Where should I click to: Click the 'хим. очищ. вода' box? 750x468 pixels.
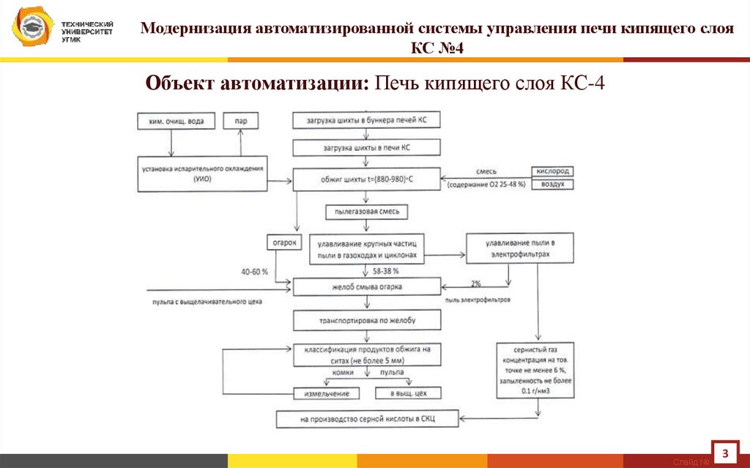[x=176, y=120]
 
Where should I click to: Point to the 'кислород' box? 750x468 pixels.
[x=552, y=171]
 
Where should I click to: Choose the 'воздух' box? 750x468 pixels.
[x=552, y=185]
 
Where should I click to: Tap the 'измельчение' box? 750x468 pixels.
[x=327, y=393]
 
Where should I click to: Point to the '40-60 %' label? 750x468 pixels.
[x=255, y=272]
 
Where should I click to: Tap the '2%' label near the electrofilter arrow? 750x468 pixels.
[x=476, y=283]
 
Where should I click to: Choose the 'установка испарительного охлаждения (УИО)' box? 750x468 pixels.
[x=203, y=174]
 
